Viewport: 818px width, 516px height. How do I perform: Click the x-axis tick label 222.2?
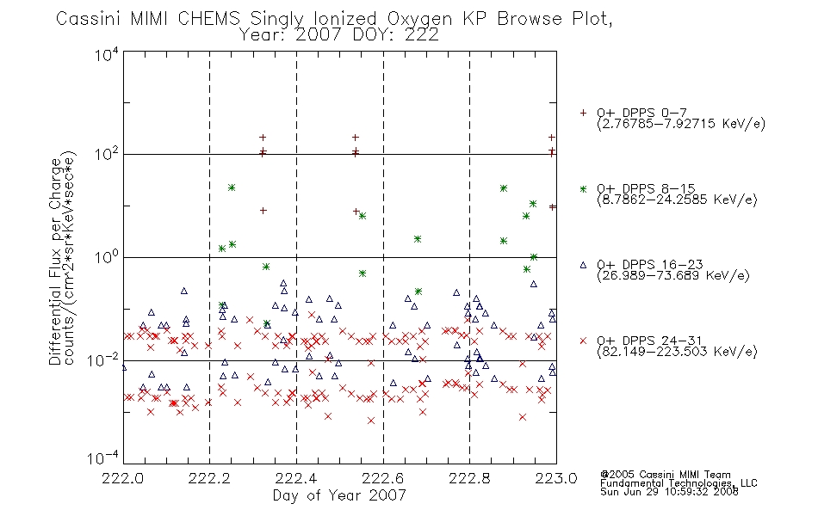tap(209, 478)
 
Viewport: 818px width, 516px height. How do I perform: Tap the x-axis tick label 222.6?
tap(383, 478)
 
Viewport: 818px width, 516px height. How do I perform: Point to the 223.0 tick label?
tap(556, 478)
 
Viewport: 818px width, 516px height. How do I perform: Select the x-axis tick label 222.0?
tap(122, 478)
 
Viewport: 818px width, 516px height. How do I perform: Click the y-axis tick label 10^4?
tap(107, 54)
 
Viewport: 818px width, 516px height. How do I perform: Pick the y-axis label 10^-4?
tap(103, 458)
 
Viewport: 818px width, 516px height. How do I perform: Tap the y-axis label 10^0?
tap(107, 257)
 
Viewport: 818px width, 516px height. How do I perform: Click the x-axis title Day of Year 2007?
tap(339, 495)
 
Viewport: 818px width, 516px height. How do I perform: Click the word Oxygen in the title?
tap(421, 19)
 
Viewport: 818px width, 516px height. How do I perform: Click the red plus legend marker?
tap(583, 113)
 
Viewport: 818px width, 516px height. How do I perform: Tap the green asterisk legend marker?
tap(583, 188)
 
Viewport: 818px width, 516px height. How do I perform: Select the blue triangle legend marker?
tap(583, 265)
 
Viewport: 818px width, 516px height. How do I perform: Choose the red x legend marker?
tap(583, 341)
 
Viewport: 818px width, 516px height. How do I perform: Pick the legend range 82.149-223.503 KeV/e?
tap(677, 352)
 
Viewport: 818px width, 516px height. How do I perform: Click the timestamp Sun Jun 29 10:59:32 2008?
tap(669, 492)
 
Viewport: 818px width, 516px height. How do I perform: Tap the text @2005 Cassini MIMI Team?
tap(665, 475)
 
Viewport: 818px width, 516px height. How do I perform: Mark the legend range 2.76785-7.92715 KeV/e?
tap(681, 124)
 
